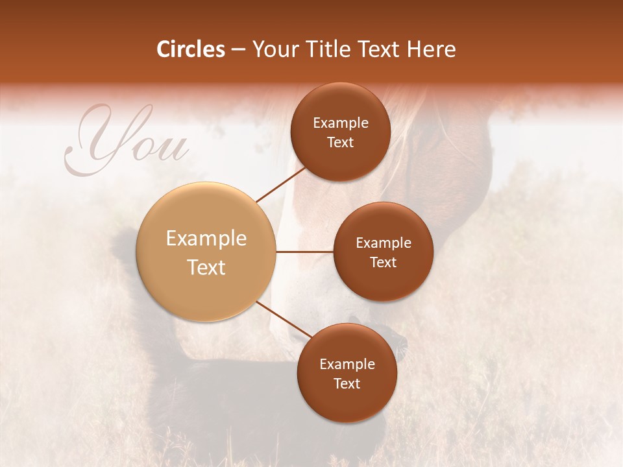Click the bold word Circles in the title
pyautogui.click(x=190, y=49)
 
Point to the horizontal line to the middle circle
pyautogui.click(x=305, y=252)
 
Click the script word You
pyautogui.click(x=127, y=144)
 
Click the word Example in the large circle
pyautogui.click(x=206, y=239)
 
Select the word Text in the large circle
pyautogui.click(x=206, y=267)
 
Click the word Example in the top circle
pyautogui.click(x=341, y=123)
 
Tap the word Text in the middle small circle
pyautogui.click(x=383, y=263)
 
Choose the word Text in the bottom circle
pyautogui.click(x=347, y=384)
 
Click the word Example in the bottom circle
pyautogui.click(x=347, y=365)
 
